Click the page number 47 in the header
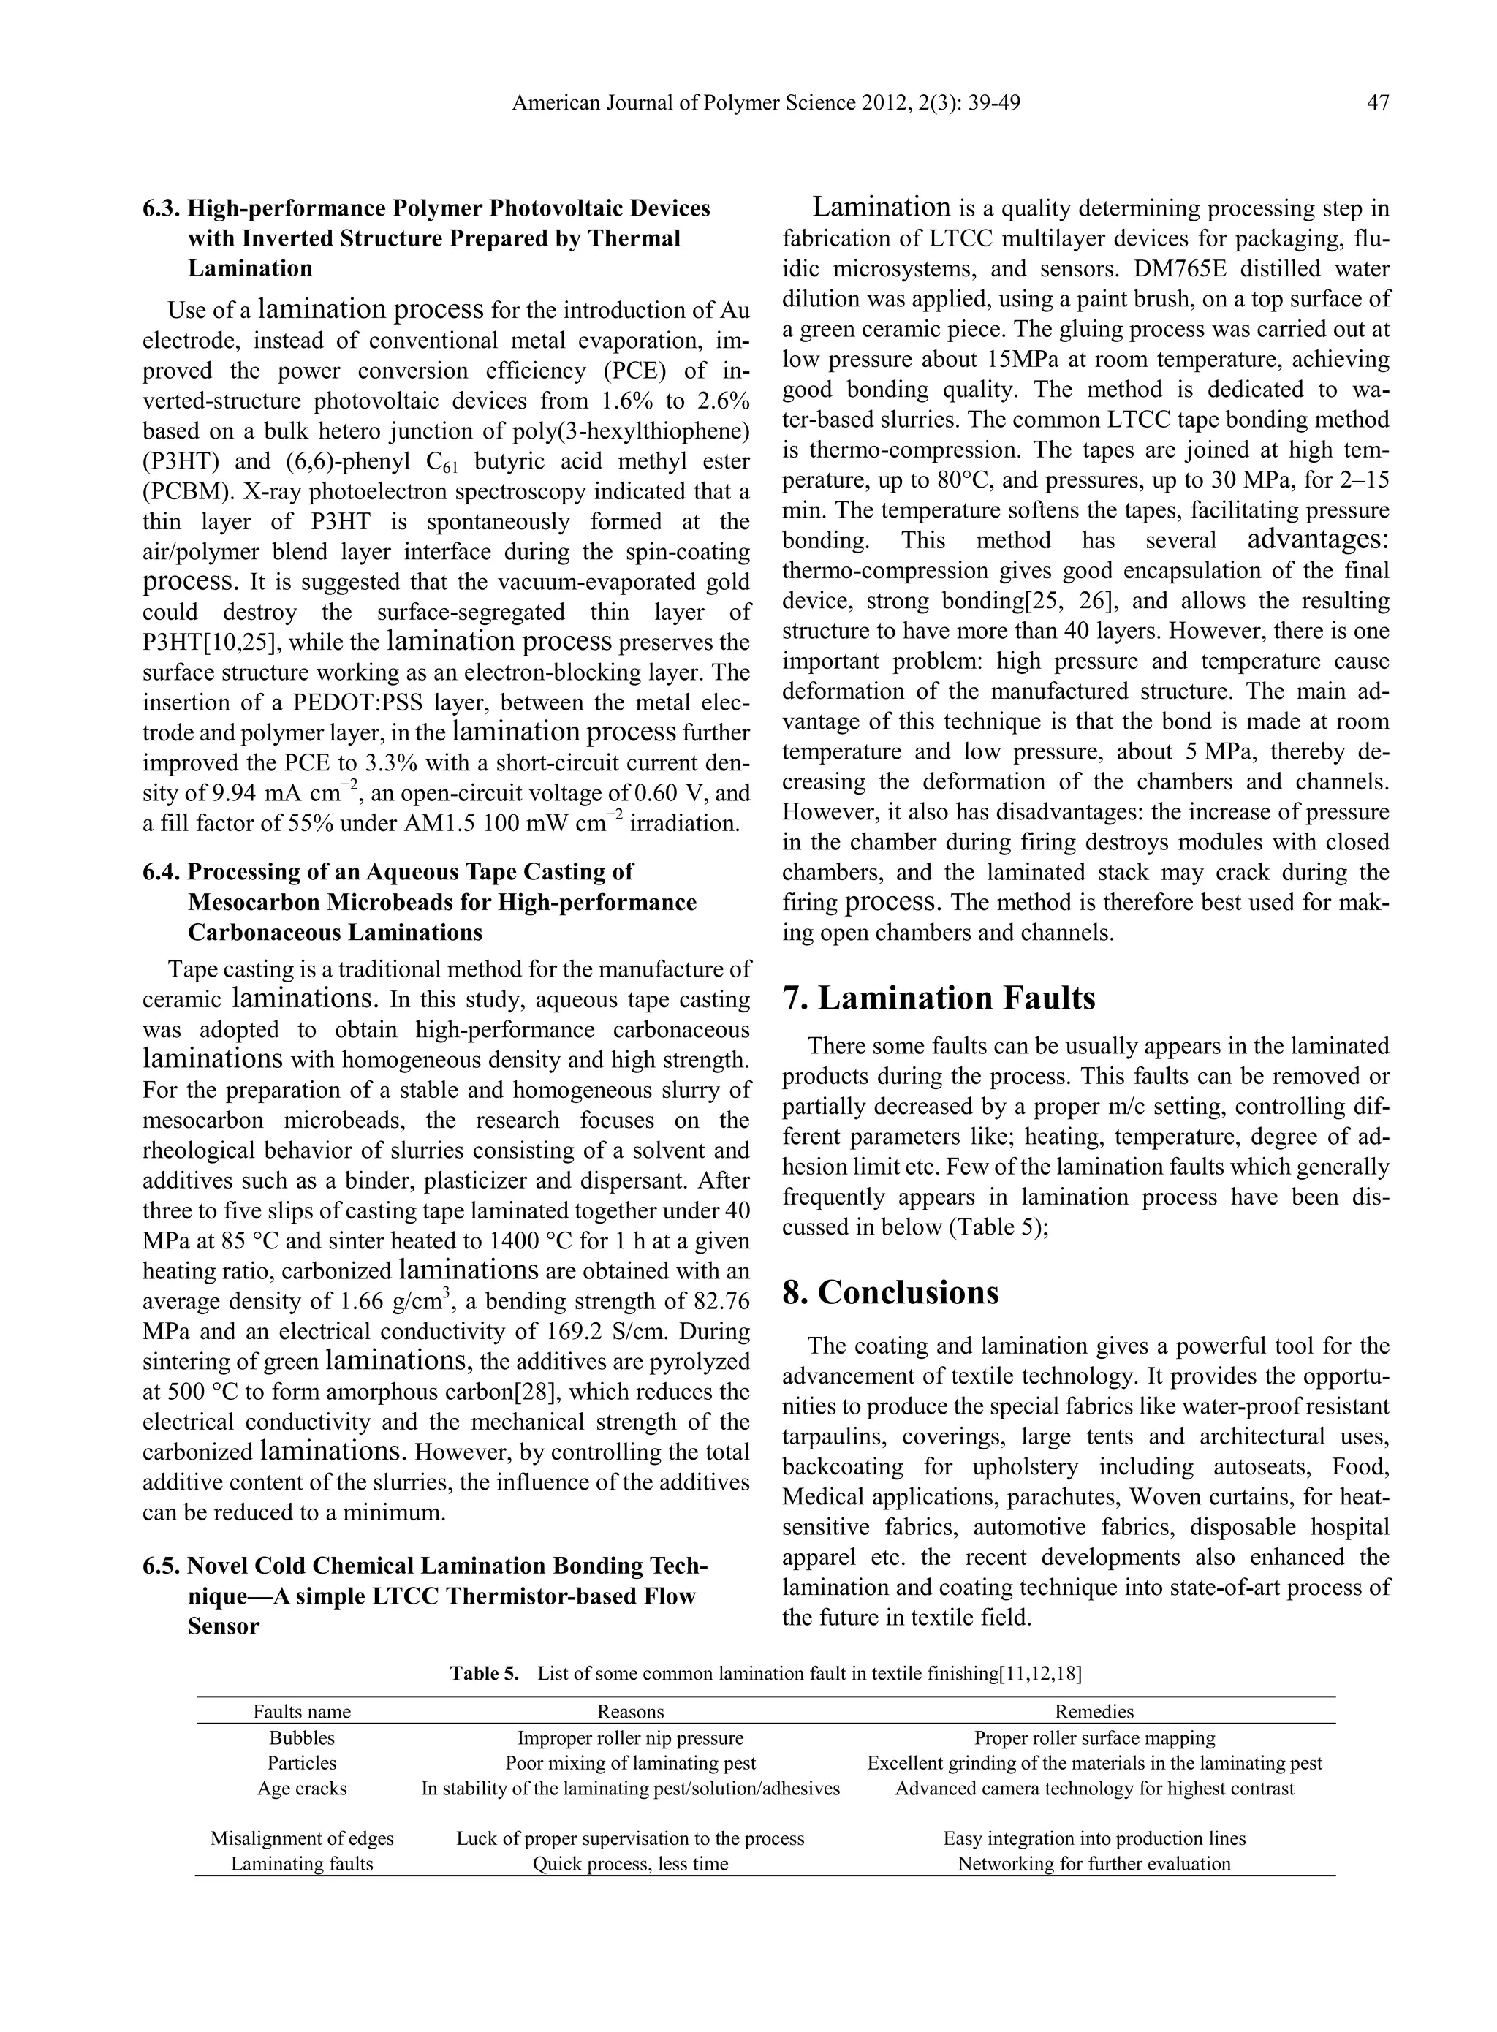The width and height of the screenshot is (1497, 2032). coord(1377,103)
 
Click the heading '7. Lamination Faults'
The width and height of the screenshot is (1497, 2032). coord(939,998)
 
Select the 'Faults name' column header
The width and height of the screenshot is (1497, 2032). coord(302,1711)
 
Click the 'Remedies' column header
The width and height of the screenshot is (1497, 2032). coord(1094,1711)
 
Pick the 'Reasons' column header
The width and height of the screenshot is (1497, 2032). coord(630,1711)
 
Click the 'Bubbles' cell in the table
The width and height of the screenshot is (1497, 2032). coord(302,1737)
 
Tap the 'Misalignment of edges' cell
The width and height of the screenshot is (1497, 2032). coord(302,1838)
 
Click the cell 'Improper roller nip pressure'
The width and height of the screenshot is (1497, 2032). coord(630,1737)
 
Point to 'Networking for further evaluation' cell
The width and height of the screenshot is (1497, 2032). coord(1094,1863)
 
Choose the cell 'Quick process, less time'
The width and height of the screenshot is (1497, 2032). coord(630,1863)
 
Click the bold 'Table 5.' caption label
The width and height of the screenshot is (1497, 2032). coord(485,1673)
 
